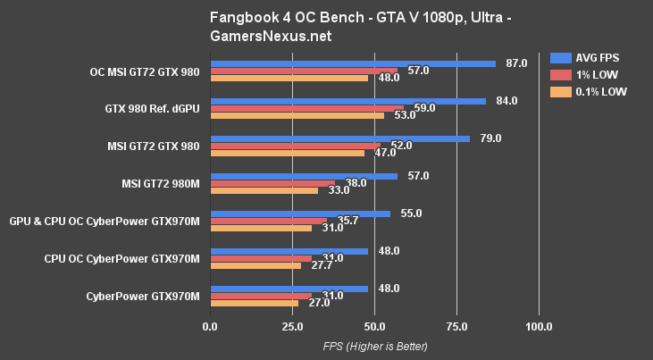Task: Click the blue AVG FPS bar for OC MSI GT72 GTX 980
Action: pyautogui.click(x=352, y=63)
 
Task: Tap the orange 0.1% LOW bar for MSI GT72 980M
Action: pyautogui.click(x=264, y=190)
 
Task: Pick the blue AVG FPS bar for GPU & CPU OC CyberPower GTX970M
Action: pyautogui.click(x=299, y=214)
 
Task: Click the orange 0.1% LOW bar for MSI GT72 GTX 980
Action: pyautogui.click(x=287, y=153)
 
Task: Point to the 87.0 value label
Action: pyautogui.click(x=516, y=63)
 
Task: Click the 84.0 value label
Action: pyautogui.click(x=506, y=101)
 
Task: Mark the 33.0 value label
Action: pyautogui.click(x=339, y=190)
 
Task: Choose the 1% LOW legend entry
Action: pyautogui.click(x=584, y=74)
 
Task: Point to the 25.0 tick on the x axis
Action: pyautogui.click(x=292, y=327)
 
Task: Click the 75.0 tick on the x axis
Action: pyautogui.click(x=456, y=327)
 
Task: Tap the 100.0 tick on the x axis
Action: pyautogui.click(x=539, y=327)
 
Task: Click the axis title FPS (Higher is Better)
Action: pyautogui.click(x=374, y=346)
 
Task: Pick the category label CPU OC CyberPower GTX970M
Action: pyautogui.click(x=121, y=259)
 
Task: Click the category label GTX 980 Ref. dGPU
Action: pyautogui.click(x=151, y=108)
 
